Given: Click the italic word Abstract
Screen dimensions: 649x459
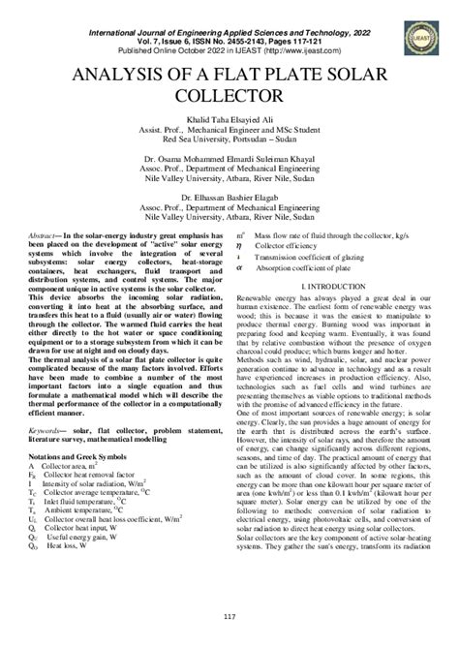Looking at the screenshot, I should point(44,235).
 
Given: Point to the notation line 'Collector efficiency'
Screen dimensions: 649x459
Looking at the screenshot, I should point(310,246).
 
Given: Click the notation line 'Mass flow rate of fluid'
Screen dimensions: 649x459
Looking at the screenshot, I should point(339,235).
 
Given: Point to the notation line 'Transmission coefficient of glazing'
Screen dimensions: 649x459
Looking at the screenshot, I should point(330,258).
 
